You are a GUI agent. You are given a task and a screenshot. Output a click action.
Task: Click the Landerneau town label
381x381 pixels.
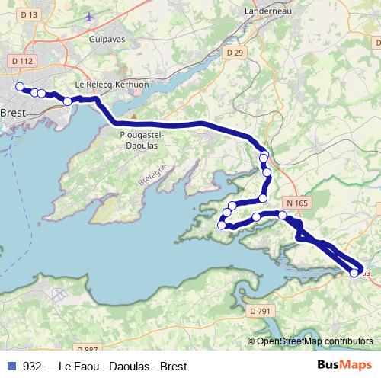tap(265, 12)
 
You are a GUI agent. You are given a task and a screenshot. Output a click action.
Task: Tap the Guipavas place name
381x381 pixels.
tap(106, 37)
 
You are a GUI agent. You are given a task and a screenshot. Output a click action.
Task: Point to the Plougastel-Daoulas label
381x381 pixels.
tap(138, 139)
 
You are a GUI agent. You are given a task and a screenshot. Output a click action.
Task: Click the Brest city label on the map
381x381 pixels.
tap(14, 112)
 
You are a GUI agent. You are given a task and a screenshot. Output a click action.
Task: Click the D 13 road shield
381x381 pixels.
tap(29, 14)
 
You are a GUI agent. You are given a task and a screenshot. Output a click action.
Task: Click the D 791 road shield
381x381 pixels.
tap(261, 310)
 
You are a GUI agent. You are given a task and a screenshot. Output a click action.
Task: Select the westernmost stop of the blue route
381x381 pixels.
tap(20, 87)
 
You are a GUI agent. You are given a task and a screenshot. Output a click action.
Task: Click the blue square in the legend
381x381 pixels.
tap(11, 366)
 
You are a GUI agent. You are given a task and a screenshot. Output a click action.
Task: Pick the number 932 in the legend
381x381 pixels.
tap(33, 366)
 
